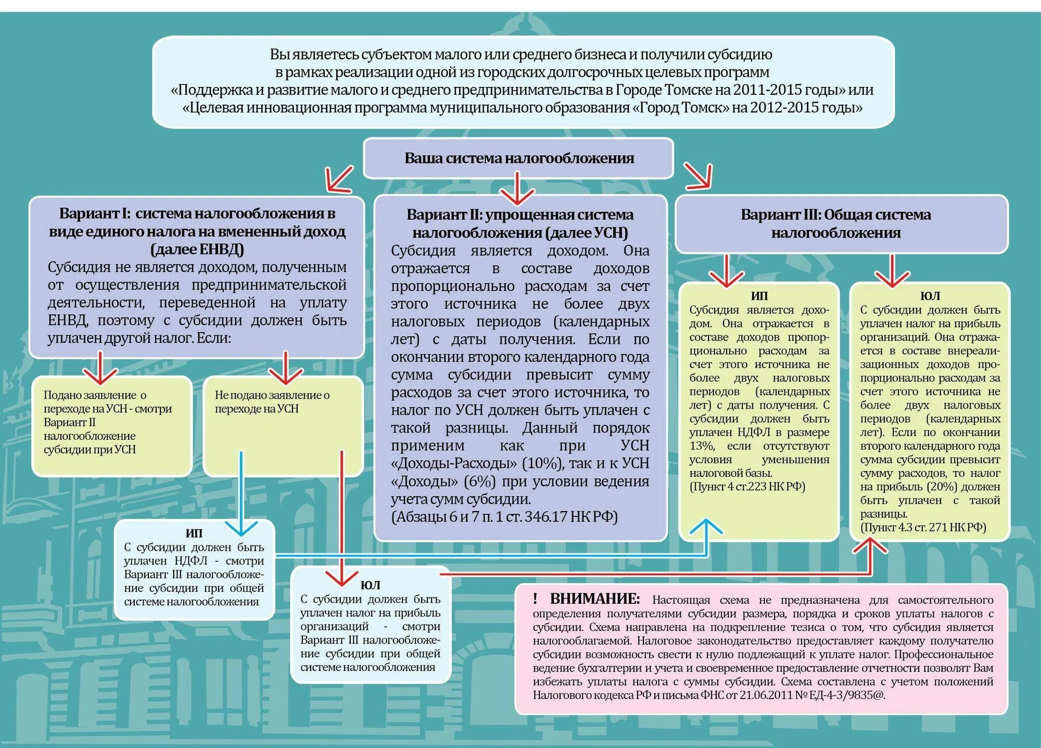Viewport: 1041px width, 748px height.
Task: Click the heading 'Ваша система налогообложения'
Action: (519, 158)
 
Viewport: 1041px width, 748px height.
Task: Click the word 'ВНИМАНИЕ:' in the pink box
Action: (595, 599)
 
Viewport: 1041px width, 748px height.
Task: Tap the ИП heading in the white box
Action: (194, 533)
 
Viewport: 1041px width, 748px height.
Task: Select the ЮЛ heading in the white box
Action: (370, 585)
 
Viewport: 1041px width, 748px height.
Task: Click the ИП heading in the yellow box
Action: (759, 296)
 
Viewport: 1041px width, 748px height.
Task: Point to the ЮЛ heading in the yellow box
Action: (930, 296)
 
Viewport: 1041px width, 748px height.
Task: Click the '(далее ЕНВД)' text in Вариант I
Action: (197, 249)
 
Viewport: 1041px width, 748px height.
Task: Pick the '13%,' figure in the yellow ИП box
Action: (702, 446)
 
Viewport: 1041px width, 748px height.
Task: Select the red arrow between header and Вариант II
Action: (517, 191)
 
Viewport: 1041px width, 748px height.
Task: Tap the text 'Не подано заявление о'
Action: (272, 395)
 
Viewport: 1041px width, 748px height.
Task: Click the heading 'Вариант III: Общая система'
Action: (835, 214)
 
